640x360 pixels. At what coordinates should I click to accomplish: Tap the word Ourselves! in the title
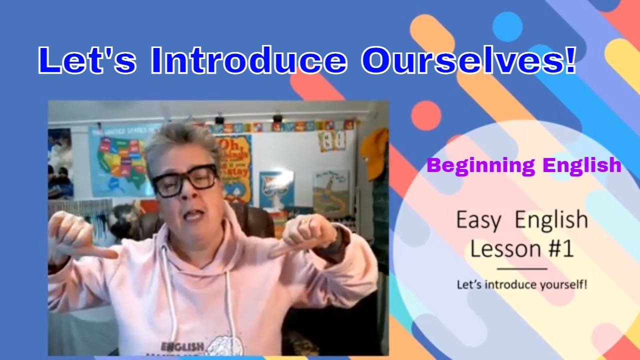pos(469,61)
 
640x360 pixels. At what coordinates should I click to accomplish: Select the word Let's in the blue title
pos(86,61)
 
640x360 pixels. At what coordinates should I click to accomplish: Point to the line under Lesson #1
pos(521,269)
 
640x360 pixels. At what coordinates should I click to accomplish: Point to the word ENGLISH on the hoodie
pos(182,346)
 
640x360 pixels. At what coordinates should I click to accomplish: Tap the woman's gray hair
pos(180,142)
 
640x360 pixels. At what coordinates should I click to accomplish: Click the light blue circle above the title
pos(507,26)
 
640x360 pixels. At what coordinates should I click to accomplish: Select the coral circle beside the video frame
pos(426,115)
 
